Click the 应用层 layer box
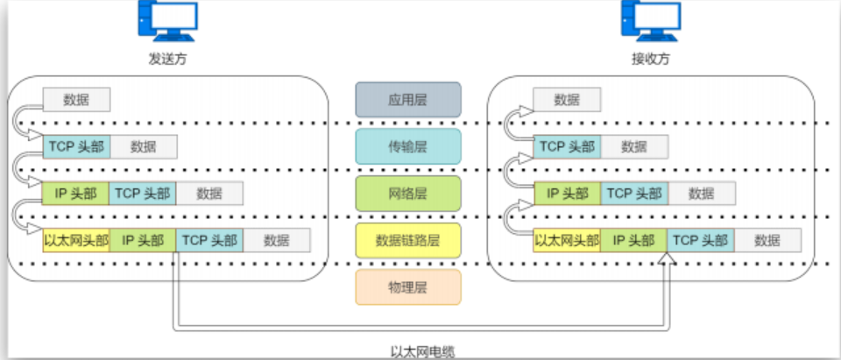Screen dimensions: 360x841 point(408,100)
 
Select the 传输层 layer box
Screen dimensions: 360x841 point(408,146)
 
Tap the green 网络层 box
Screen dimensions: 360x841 point(408,193)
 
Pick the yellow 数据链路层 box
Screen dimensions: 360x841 point(408,240)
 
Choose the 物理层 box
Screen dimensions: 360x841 point(408,287)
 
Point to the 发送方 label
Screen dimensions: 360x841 point(167,60)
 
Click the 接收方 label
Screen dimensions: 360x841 point(650,60)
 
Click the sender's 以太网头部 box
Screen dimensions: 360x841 point(76,240)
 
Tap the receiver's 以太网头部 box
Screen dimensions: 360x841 point(567,240)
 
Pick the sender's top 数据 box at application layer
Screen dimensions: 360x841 point(76,100)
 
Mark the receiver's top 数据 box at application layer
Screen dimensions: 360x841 point(567,100)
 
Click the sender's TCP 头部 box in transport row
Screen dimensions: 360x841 point(76,146)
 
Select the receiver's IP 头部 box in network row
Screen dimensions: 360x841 point(567,193)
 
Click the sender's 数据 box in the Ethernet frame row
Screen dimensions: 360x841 point(277,240)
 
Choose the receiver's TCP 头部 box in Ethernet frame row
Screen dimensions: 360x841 point(701,240)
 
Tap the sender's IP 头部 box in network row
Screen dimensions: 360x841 point(76,193)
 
